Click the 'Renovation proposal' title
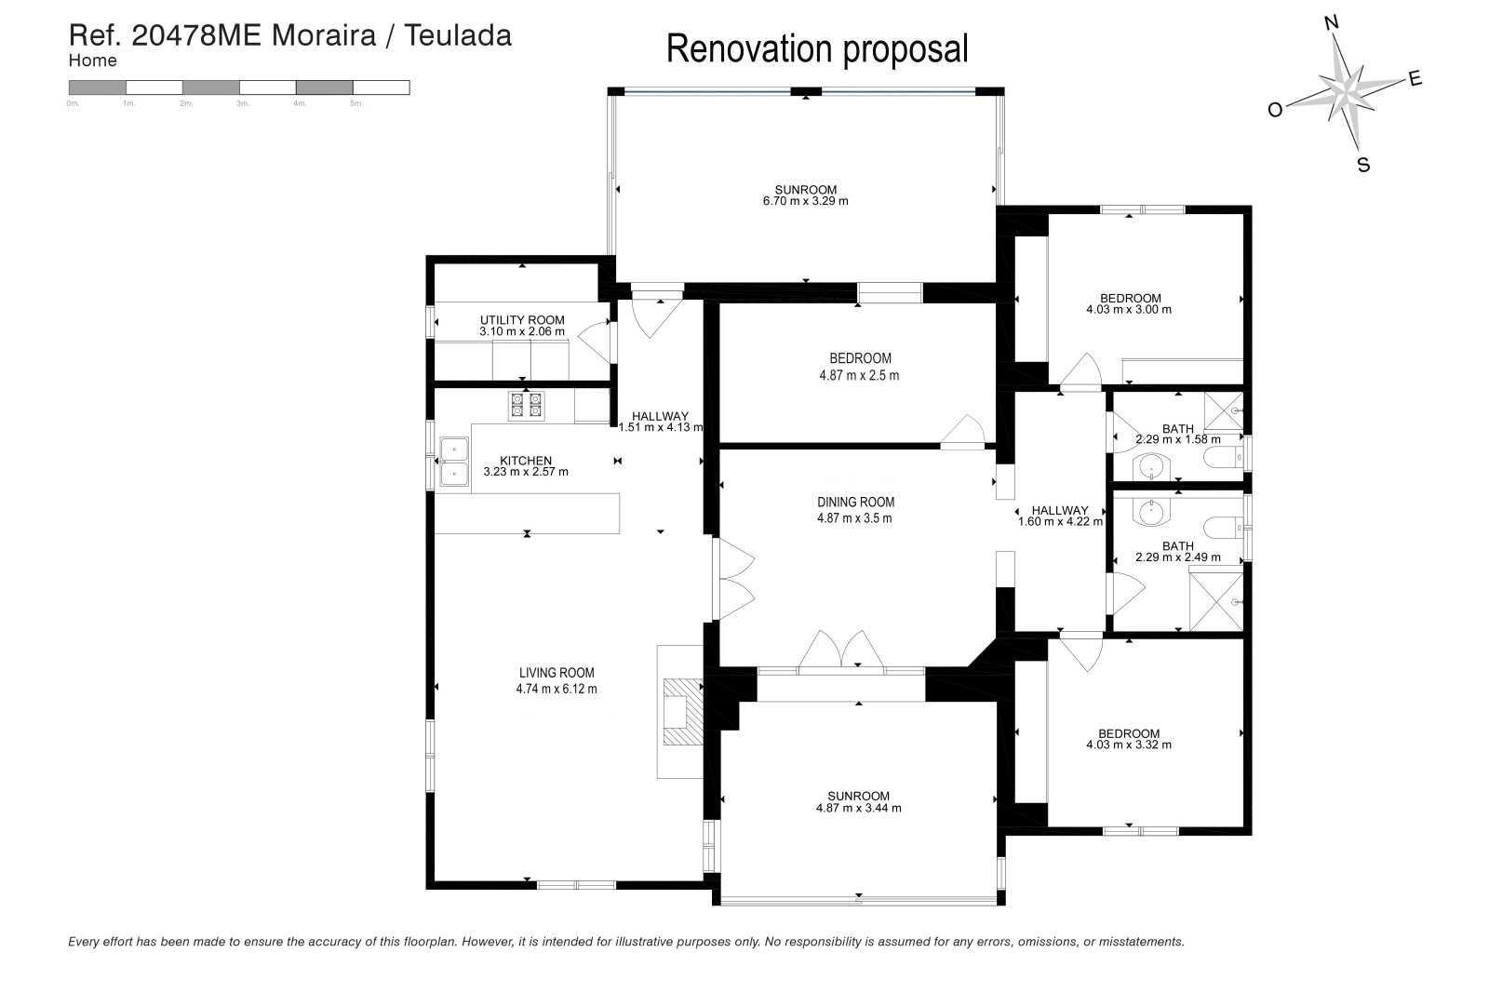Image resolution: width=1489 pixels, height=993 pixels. tap(817, 50)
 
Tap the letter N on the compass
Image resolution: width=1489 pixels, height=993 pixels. tap(1332, 24)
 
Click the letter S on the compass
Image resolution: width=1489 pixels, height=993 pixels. tap(1363, 165)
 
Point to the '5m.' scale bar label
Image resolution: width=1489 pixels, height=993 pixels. tap(356, 103)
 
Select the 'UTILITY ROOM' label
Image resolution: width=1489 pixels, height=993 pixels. tap(522, 320)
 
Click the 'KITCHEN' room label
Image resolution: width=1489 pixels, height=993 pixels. tap(526, 461)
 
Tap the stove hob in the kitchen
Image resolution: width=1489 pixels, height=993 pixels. tap(527, 406)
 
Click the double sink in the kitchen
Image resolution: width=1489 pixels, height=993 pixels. tap(455, 462)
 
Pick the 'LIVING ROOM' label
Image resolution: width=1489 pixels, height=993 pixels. tap(557, 673)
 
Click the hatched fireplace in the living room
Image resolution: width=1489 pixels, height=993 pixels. tap(683, 712)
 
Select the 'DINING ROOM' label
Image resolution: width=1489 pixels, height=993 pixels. tap(855, 503)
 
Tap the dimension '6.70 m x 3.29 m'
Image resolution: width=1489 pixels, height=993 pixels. tap(806, 201)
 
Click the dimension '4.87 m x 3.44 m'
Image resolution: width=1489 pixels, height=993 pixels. tap(859, 808)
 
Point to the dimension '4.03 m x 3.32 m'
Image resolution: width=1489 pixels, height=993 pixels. tap(1129, 745)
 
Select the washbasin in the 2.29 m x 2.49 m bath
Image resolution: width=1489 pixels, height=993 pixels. tap(1152, 513)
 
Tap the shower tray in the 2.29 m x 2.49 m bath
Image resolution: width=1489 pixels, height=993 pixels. tap(1215, 601)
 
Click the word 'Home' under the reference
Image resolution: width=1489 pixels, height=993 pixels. tap(92, 60)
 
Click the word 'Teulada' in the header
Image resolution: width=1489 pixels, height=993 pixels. tap(458, 36)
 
